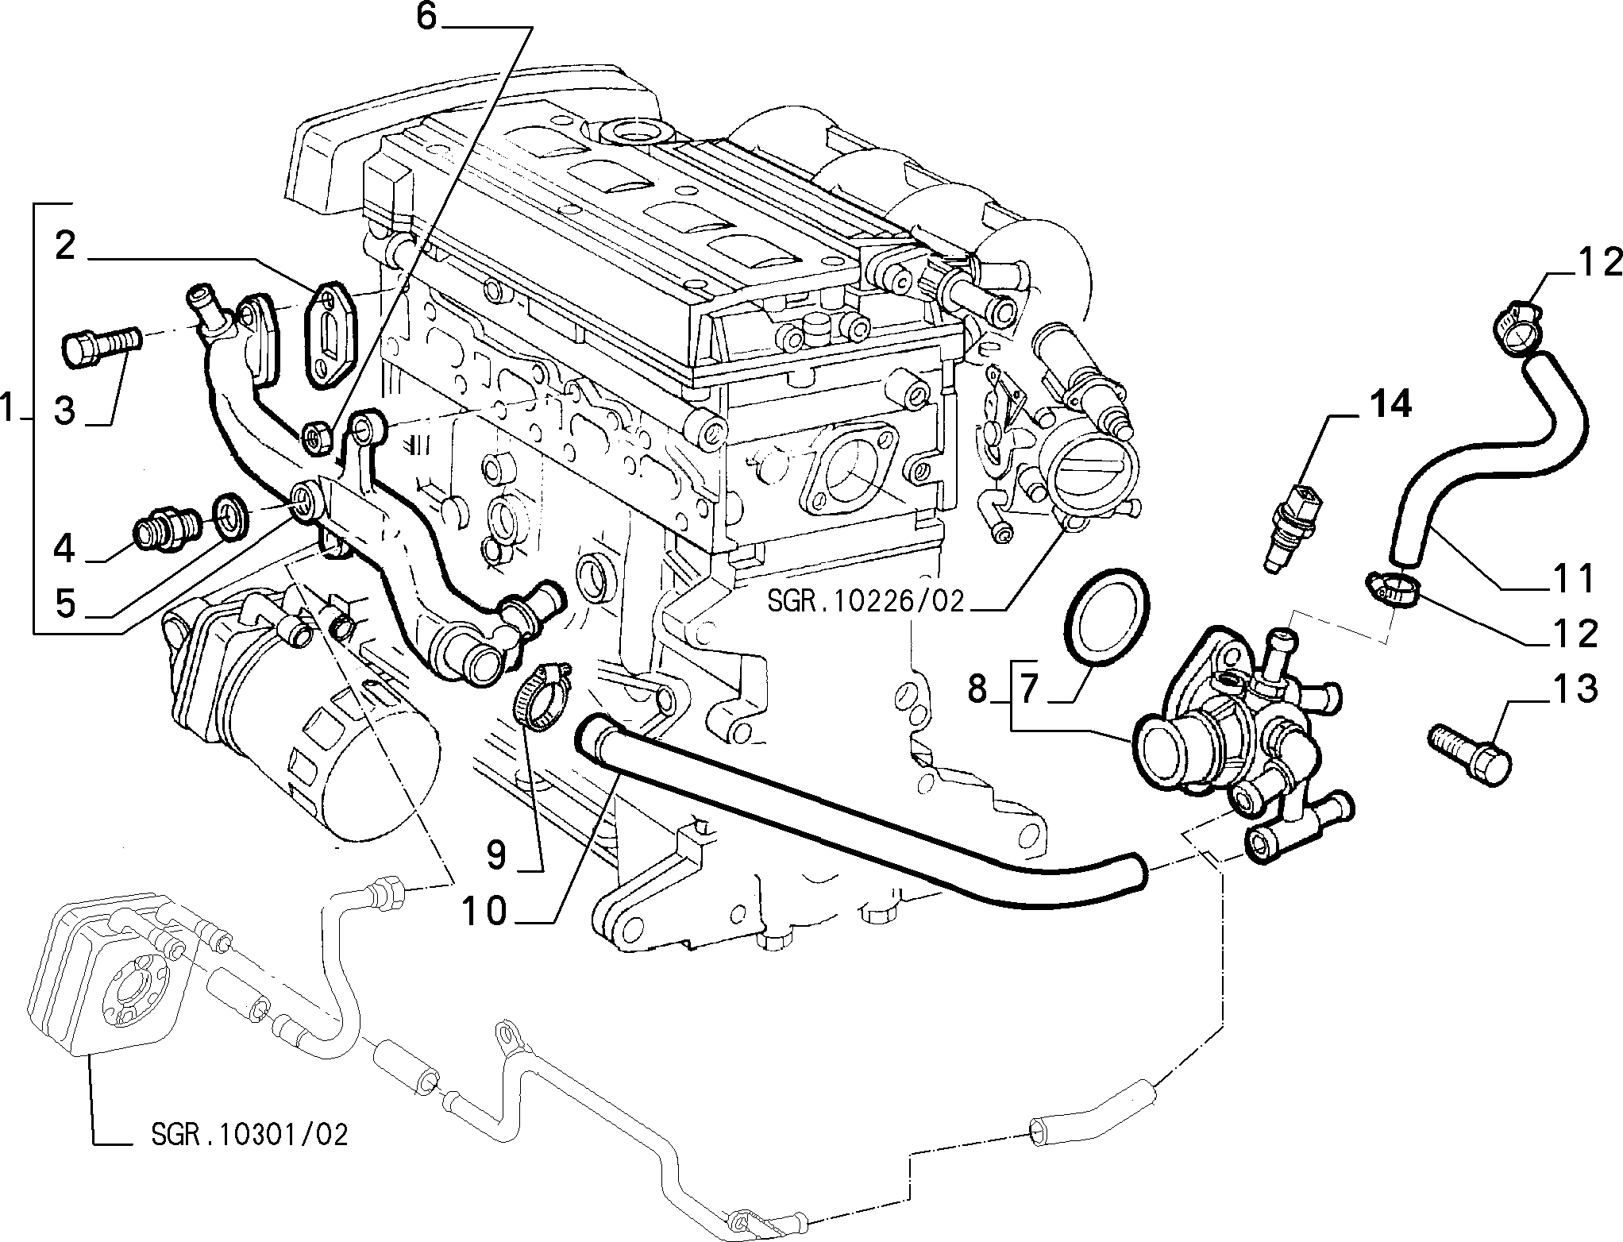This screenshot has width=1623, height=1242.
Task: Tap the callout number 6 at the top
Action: [427, 17]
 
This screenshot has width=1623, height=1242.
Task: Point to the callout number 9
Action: [496, 854]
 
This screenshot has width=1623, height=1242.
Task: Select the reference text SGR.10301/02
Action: [249, 1134]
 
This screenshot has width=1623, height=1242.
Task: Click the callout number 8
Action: [977, 689]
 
